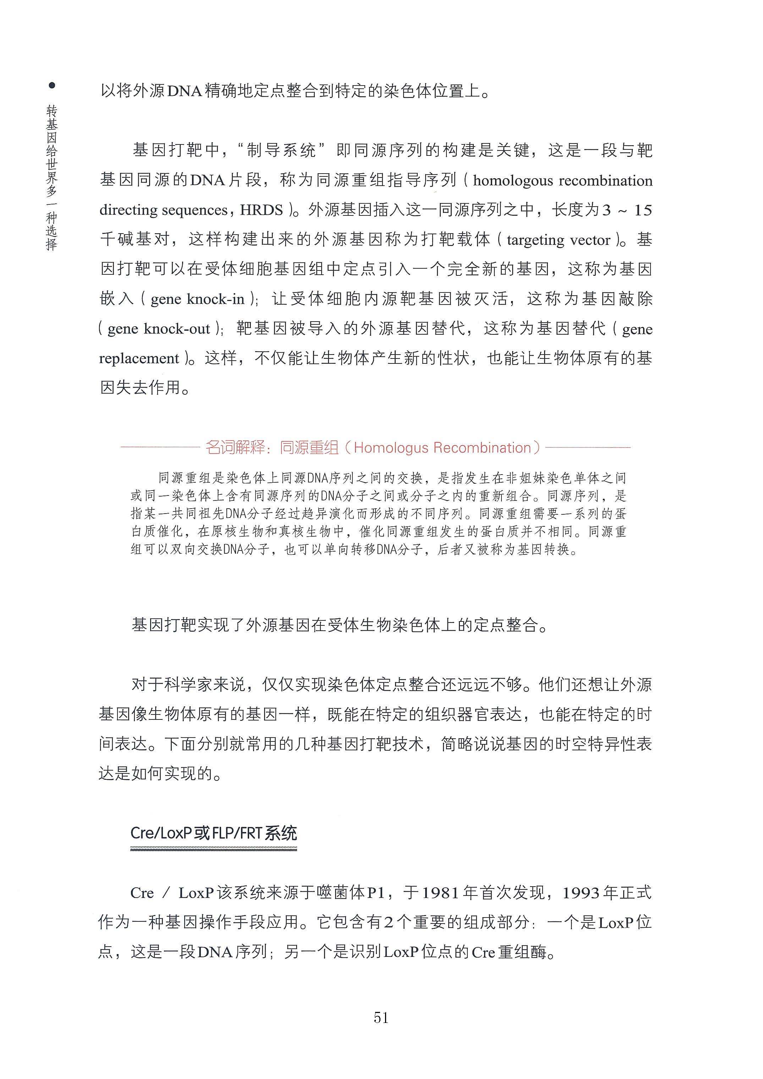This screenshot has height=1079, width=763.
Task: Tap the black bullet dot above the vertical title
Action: [52, 86]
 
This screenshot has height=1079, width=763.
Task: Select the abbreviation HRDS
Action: [262, 210]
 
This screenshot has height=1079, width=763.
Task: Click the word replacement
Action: [139, 358]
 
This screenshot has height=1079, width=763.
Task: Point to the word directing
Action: [128, 210]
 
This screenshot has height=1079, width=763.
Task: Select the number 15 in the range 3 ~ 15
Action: [643, 210]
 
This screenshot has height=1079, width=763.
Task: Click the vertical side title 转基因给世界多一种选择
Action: [52, 177]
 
